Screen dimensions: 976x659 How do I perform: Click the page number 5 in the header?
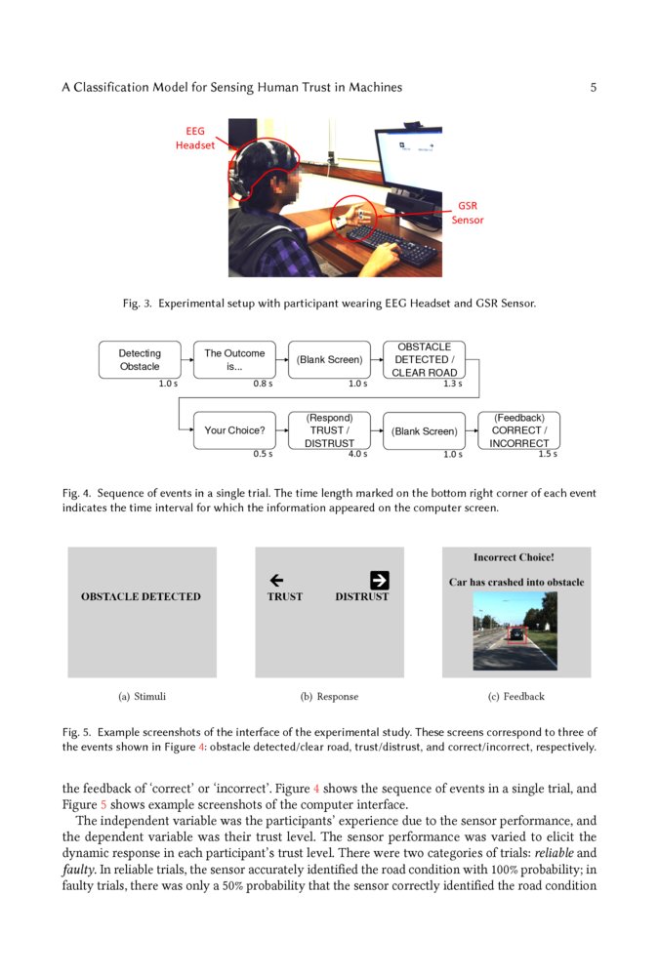pos(593,87)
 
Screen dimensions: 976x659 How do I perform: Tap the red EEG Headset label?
pos(195,138)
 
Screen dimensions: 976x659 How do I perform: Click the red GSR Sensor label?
pos(468,213)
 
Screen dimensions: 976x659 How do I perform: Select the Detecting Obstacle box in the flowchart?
pos(140,359)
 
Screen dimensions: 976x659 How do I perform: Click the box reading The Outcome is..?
pos(234,359)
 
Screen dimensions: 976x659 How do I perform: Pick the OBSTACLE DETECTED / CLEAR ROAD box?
pos(424,359)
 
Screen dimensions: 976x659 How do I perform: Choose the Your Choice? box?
pos(234,430)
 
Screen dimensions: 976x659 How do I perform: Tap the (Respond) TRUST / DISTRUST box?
pos(329,430)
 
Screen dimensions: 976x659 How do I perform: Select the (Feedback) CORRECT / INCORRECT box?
pos(518,430)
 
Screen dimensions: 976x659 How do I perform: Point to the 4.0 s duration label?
pos(357,454)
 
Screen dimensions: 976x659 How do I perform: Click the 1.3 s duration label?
pos(452,384)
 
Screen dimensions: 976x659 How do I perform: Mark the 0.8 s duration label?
pos(263,384)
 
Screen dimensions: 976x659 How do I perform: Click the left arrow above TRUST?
pos(276,580)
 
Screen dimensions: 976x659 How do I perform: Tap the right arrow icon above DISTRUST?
pos(380,580)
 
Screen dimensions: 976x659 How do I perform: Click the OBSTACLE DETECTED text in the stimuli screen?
pos(141,596)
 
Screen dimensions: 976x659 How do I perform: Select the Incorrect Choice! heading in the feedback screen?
pos(514,558)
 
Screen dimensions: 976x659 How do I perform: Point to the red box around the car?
pos(516,634)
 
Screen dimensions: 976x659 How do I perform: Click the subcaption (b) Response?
pos(329,696)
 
